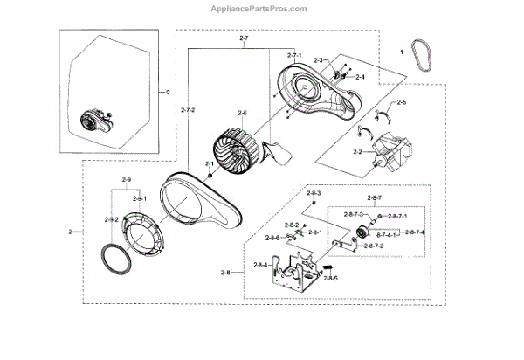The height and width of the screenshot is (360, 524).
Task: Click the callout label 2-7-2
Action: tap(188, 109)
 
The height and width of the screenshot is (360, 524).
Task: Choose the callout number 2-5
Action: tap(401, 103)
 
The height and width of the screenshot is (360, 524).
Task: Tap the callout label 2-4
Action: tap(358, 77)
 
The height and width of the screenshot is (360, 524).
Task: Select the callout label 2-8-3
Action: tap(313, 192)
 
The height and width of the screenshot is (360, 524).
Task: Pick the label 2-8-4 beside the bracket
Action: tap(260, 265)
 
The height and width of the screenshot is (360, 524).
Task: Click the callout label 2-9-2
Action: tap(111, 219)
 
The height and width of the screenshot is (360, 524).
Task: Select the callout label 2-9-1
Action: tap(139, 199)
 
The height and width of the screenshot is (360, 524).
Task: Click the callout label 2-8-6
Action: tap(272, 238)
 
